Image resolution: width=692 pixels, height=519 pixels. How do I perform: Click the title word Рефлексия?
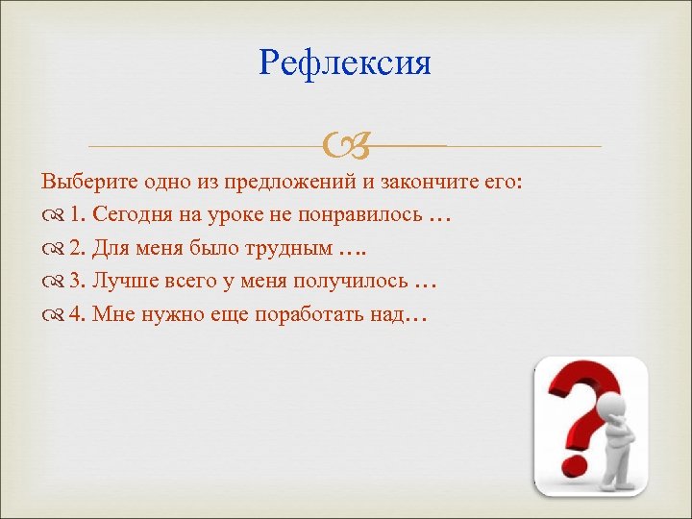tap(345, 63)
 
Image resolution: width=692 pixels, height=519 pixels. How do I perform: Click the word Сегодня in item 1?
tap(133, 215)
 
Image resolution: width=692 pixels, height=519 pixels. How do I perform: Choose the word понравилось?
tap(358, 215)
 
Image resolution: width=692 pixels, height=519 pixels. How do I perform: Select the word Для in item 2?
tap(114, 249)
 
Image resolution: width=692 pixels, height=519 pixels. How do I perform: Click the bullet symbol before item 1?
tap(53, 216)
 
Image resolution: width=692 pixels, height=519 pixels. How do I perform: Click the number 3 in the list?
tap(75, 283)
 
